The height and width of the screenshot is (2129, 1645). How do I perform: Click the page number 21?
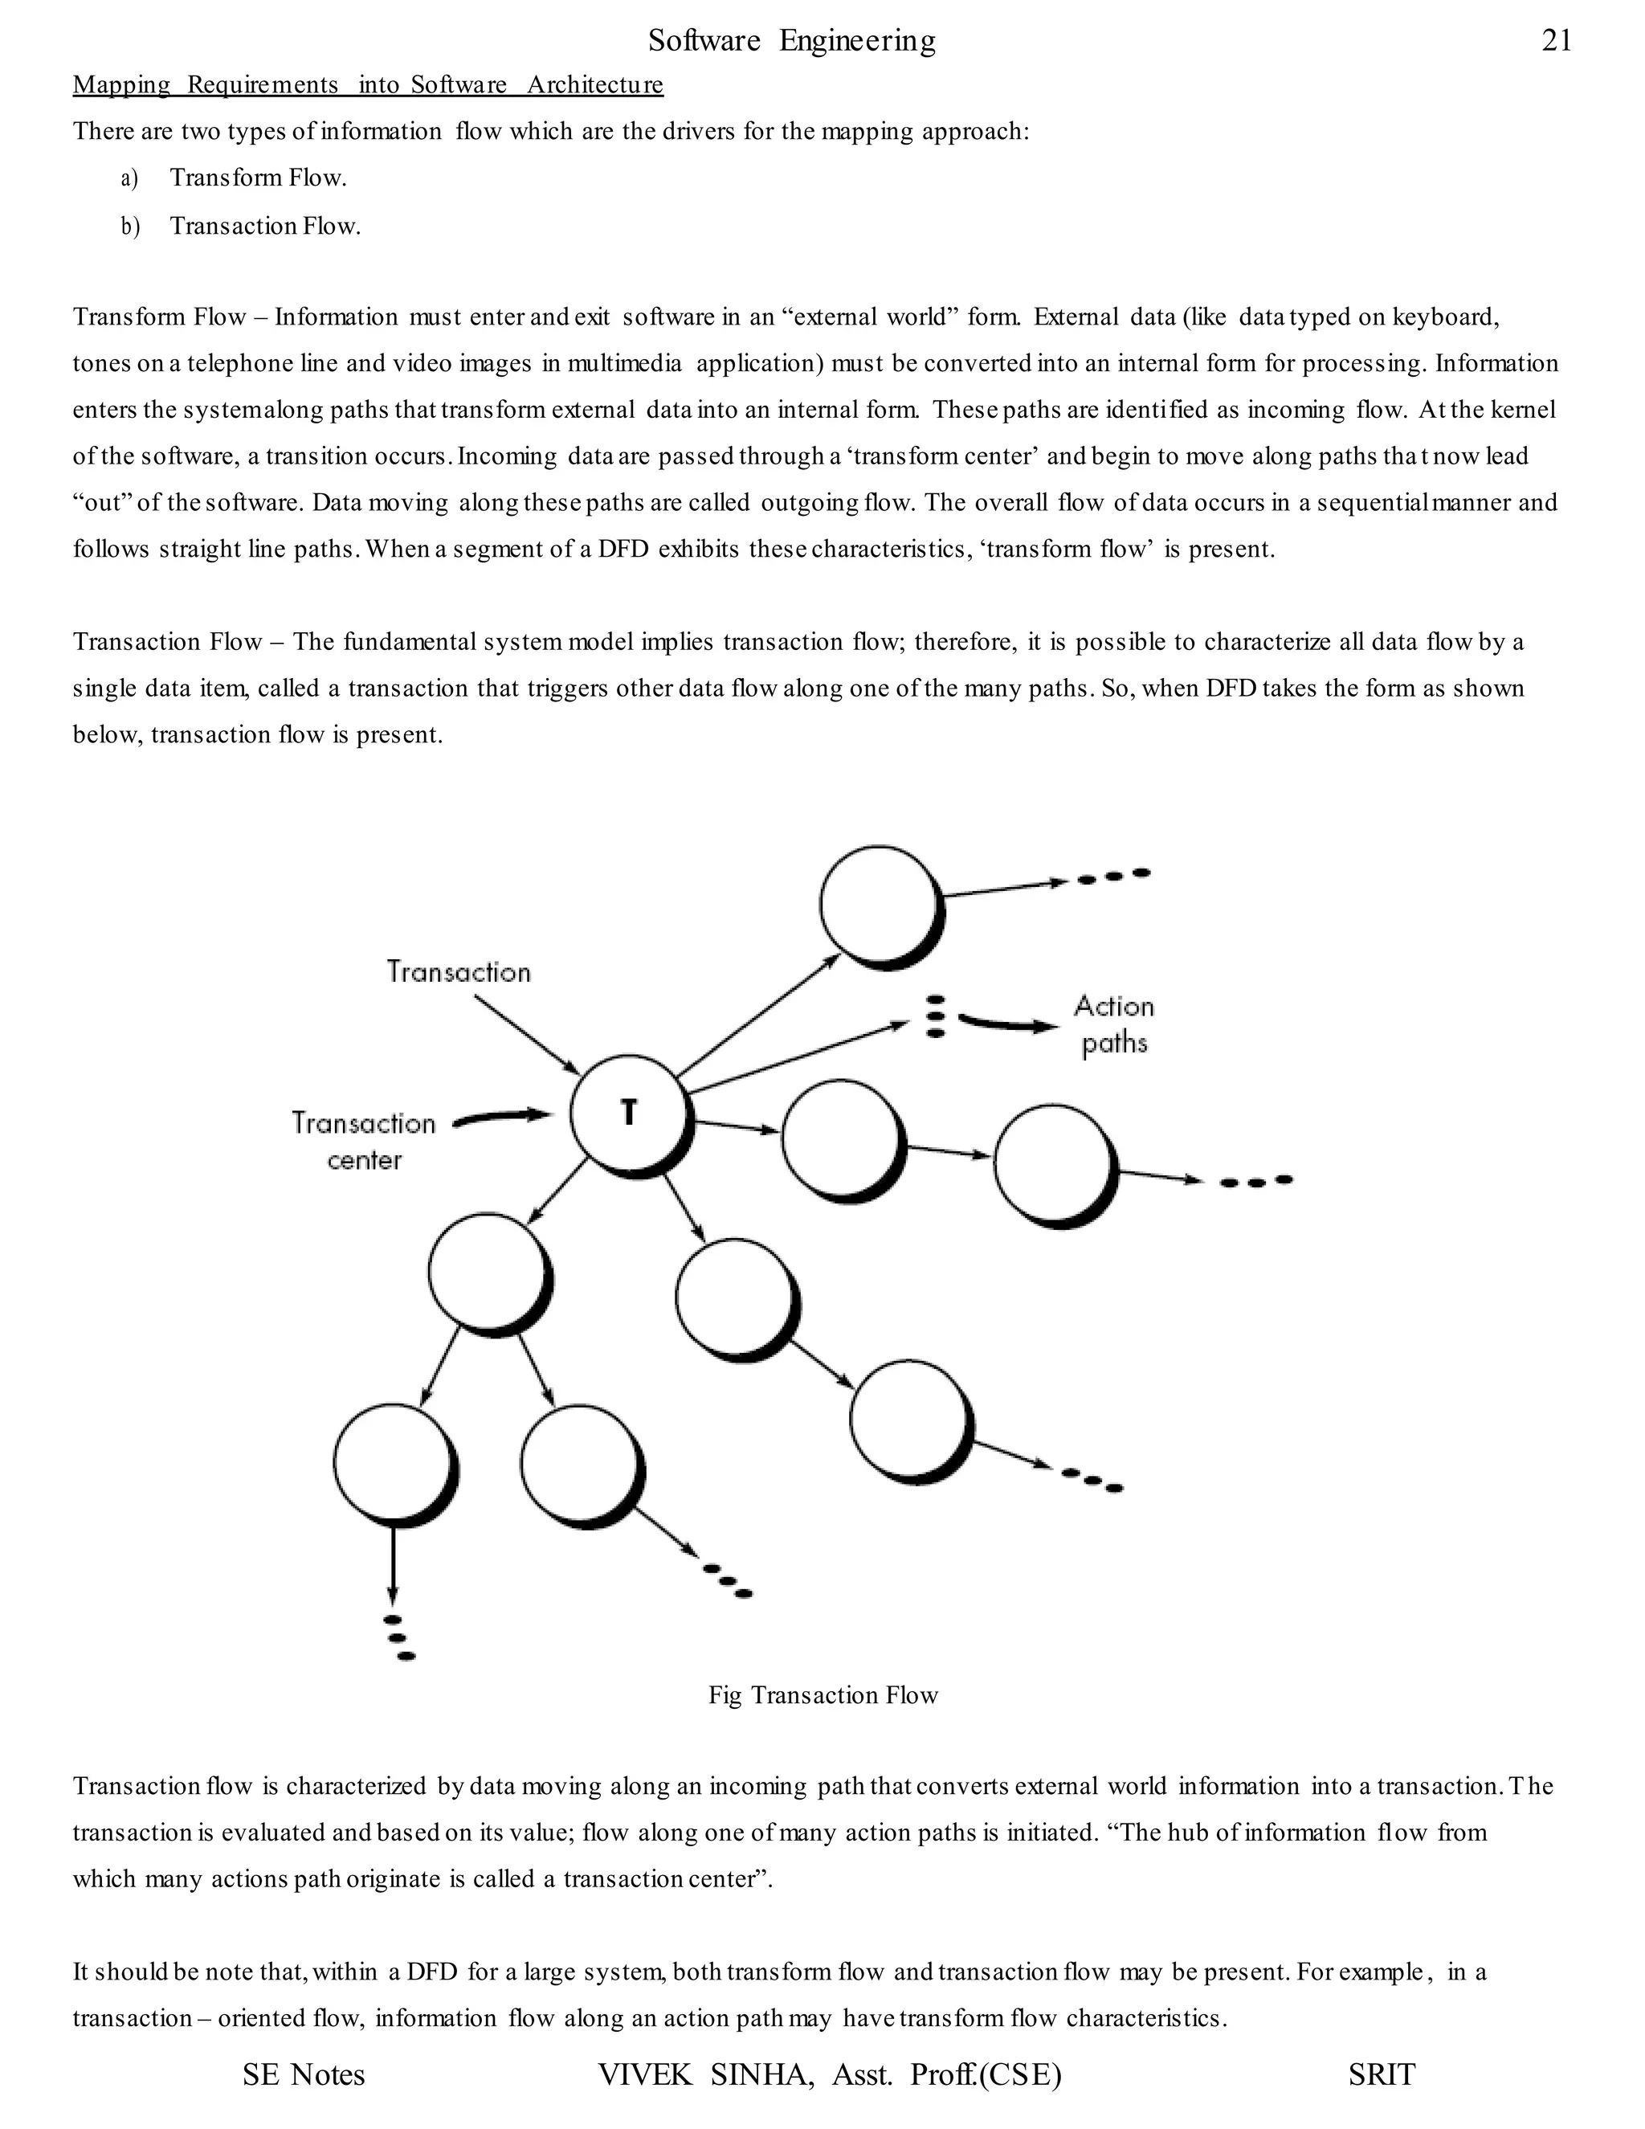coord(1557,40)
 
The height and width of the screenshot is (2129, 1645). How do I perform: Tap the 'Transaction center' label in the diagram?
coord(364,1141)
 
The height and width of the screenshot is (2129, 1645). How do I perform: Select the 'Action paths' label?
coord(1114,1024)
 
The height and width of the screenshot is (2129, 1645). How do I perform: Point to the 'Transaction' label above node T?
coord(458,972)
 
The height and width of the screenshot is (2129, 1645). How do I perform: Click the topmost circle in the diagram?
coord(878,905)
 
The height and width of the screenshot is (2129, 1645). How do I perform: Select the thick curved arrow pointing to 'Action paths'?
coord(1008,1024)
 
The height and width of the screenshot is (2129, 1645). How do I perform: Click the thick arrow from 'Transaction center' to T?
coord(503,1118)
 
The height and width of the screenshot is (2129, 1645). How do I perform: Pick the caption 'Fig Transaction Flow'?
coord(822,1695)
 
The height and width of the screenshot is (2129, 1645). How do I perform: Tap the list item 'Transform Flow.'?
coord(259,178)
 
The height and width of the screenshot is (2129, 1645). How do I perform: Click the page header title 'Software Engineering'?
coord(791,40)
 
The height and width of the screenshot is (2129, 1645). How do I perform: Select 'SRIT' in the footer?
coord(1381,2074)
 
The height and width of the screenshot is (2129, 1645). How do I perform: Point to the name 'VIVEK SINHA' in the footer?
coord(705,2074)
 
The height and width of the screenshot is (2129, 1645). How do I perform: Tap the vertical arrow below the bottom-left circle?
coord(392,1563)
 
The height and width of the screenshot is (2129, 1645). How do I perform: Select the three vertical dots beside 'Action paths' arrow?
coord(936,1015)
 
